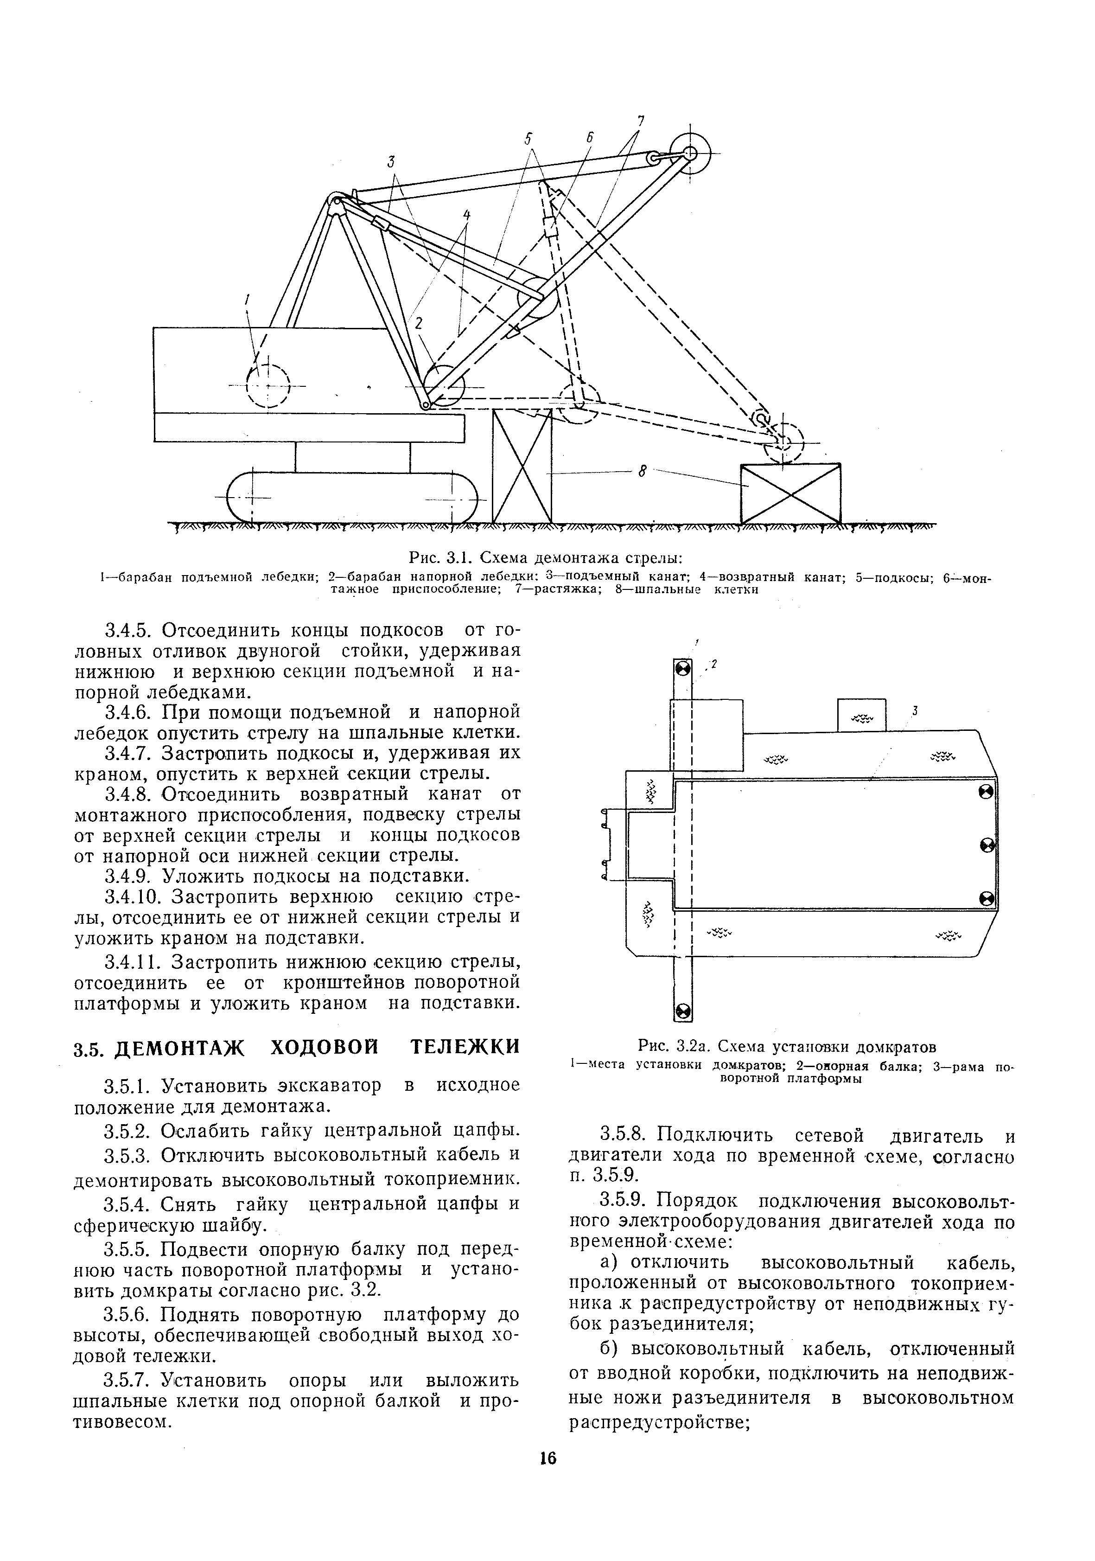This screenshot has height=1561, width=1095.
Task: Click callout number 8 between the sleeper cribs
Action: pos(641,470)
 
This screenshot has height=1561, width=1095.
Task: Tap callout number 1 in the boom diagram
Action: pos(248,299)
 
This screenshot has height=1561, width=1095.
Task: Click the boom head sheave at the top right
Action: pos(689,154)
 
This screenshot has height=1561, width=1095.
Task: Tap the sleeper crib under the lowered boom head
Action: pos(790,493)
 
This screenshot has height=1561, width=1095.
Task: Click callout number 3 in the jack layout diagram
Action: pos(915,711)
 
